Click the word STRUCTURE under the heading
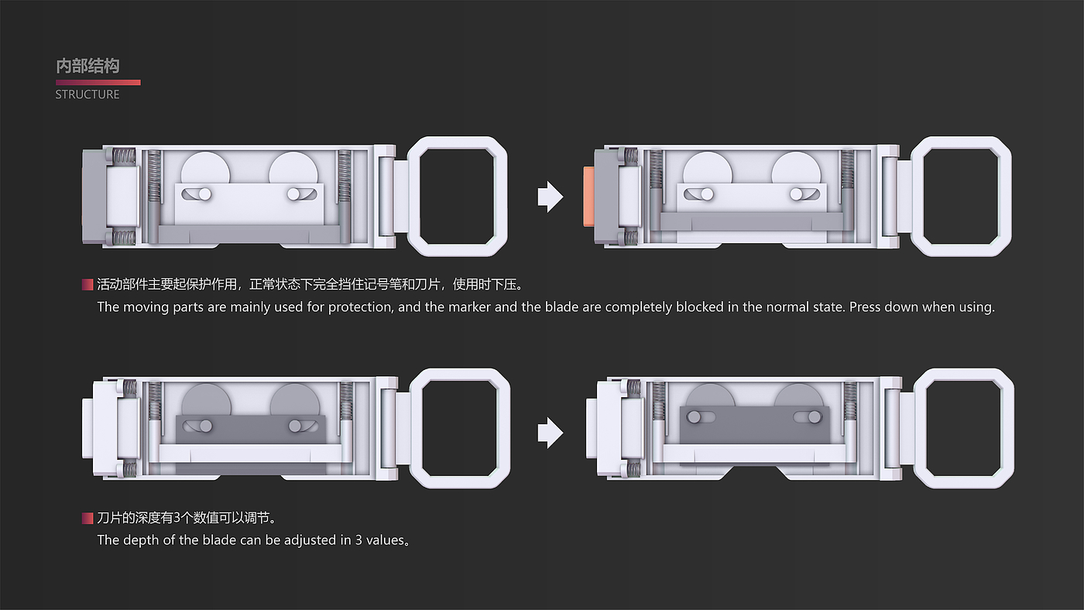pyautogui.click(x=87, y=94)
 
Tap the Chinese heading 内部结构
pyautogui.click(x=87, y=66)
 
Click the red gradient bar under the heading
pyautogui.click(x=98, y=82)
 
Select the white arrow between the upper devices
pyautogui.click(x=551, y=197)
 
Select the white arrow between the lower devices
pyautogui.click(x=551, y=433)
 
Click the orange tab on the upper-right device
pyautogui.click(x=589, y=197)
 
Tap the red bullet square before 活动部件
pyautogui.click(x=87, y=284)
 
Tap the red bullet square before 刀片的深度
pyautogui.click(x=87, y=518)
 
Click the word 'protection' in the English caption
pyautogui.click(x=359, y=307)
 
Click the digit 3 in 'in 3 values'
pyautogui.click(x=358, y=540)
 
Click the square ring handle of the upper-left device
pyautogui.click(x=457, y=197)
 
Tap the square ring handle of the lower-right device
pyautogui.click(x=963, y=429)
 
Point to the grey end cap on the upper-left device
pyautogui.click(x=93, y=197)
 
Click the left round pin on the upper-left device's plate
pyautogui.click(x=204, y=194)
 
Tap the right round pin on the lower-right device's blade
pyautogui.click(x=815, y=416)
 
